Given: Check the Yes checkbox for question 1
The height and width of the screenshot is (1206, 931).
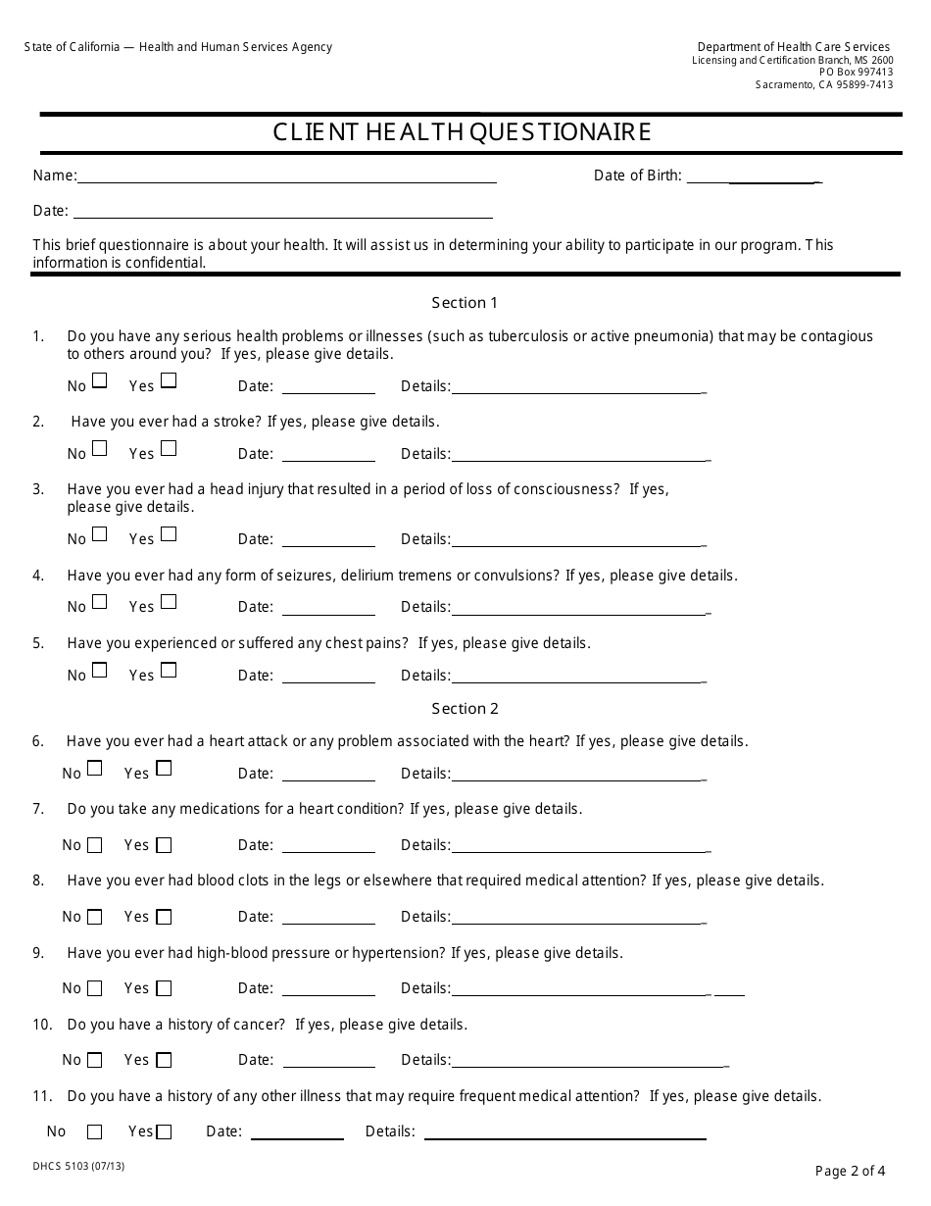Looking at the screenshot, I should (169, 380).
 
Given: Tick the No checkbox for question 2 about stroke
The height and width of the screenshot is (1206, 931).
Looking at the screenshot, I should (100, 449).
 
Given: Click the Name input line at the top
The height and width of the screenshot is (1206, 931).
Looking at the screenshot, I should (286, 176).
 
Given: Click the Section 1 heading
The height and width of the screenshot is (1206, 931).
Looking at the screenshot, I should (465, 303).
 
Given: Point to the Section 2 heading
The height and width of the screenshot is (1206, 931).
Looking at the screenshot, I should (465, 709).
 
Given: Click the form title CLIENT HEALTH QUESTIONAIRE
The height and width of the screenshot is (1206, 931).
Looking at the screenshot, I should (462, 132).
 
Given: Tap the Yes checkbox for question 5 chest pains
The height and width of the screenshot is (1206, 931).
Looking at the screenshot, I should (169, 671).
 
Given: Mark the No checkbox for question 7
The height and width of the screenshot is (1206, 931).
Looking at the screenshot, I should (95, 845).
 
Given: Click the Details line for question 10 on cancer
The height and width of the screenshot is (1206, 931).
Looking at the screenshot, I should (588, 1060).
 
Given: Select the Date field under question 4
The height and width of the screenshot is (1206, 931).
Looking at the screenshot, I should (328, 608).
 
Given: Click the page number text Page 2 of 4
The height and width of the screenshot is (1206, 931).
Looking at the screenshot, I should (850, 1170).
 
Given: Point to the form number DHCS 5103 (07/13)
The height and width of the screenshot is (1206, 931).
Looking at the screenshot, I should (78, 1167).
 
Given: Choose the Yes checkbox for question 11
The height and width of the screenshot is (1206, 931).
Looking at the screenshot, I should (164, 1132).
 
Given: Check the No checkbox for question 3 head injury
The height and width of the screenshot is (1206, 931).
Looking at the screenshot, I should (100, 534).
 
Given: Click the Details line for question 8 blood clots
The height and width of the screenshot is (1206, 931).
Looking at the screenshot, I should (578, 917).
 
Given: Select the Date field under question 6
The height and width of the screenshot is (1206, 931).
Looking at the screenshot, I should (328, 775).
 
